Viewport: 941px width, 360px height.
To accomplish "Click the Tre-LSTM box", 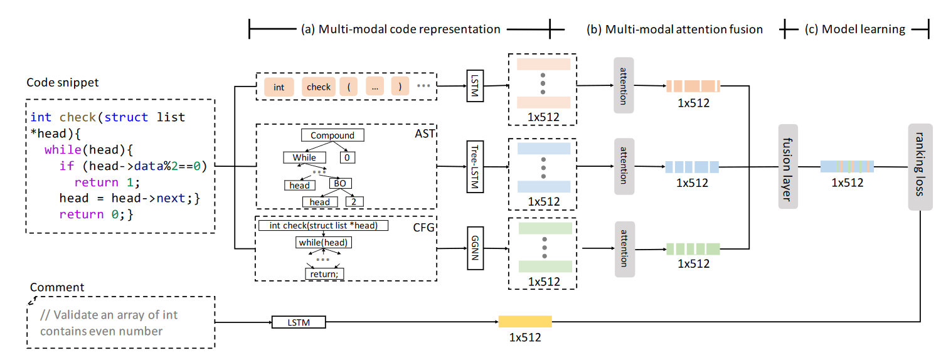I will tap(475, 166).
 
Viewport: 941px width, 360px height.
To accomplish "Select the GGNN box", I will tap(475, 248).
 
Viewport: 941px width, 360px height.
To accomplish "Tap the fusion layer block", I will tap(785, 166).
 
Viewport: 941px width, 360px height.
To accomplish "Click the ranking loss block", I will tap(919, 166).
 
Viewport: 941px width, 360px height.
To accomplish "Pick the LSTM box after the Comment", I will tap(299, 322).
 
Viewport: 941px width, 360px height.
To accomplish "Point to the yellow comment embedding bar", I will tap(525, 322).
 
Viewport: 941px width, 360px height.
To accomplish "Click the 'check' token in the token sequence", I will tap(319, 87).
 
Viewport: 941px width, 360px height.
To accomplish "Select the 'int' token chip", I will tap(279, 87).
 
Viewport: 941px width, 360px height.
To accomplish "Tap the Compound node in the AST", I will tap(332, 135).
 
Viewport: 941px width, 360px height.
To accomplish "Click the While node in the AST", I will tap(304, 157).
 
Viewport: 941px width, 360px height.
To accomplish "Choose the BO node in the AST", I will tap(340, 183).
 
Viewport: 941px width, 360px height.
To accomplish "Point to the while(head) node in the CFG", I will tap(323, 242).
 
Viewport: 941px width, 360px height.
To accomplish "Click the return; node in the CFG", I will tap(324, 273).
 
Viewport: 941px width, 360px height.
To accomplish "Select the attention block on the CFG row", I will tap(624, 248).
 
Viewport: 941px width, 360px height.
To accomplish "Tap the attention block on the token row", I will tap(624, 85).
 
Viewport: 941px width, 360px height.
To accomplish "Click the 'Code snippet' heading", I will tap(63, 82).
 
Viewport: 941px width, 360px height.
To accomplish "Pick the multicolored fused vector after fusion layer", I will tap(847, 166).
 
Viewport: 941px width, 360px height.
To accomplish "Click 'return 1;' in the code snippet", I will tap(104, 182).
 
